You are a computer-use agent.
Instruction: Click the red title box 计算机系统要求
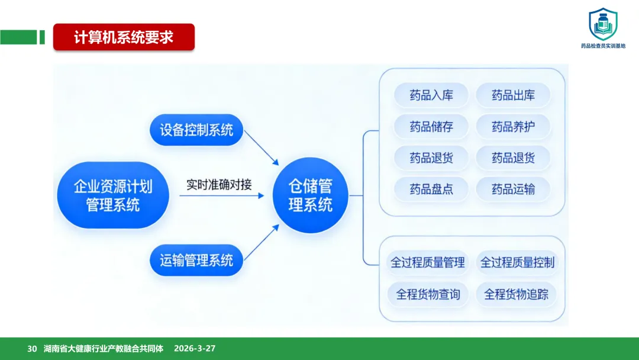coord(124,37)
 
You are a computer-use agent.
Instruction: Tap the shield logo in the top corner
coord(602,24)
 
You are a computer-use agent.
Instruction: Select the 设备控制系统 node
coord(196,130)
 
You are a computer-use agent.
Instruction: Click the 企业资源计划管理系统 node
coord(113,195)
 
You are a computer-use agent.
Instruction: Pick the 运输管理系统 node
coord(196,260)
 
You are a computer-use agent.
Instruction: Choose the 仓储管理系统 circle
coord(310,195)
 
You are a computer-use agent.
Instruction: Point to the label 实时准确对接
coord(219,184)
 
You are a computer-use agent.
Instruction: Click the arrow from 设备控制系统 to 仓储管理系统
coord(261,148)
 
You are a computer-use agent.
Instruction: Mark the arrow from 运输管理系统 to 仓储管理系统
coord(261,243)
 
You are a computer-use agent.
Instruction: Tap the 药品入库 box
coord(431,95)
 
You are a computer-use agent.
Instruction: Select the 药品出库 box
coord(513,95)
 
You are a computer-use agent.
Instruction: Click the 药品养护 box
coord(513,127)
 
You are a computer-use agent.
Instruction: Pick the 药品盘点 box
coord(431,189)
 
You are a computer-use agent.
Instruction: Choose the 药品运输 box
coord(513,189)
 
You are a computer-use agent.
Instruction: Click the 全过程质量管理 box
coord(428,262)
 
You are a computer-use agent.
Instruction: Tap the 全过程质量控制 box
coord(517,262)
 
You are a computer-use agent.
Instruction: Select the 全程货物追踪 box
coord(517,294)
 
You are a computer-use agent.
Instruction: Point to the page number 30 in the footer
coord(32,349)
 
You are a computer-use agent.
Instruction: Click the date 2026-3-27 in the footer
coord(195,349)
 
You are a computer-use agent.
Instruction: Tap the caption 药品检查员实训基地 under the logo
coord(603,46)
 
